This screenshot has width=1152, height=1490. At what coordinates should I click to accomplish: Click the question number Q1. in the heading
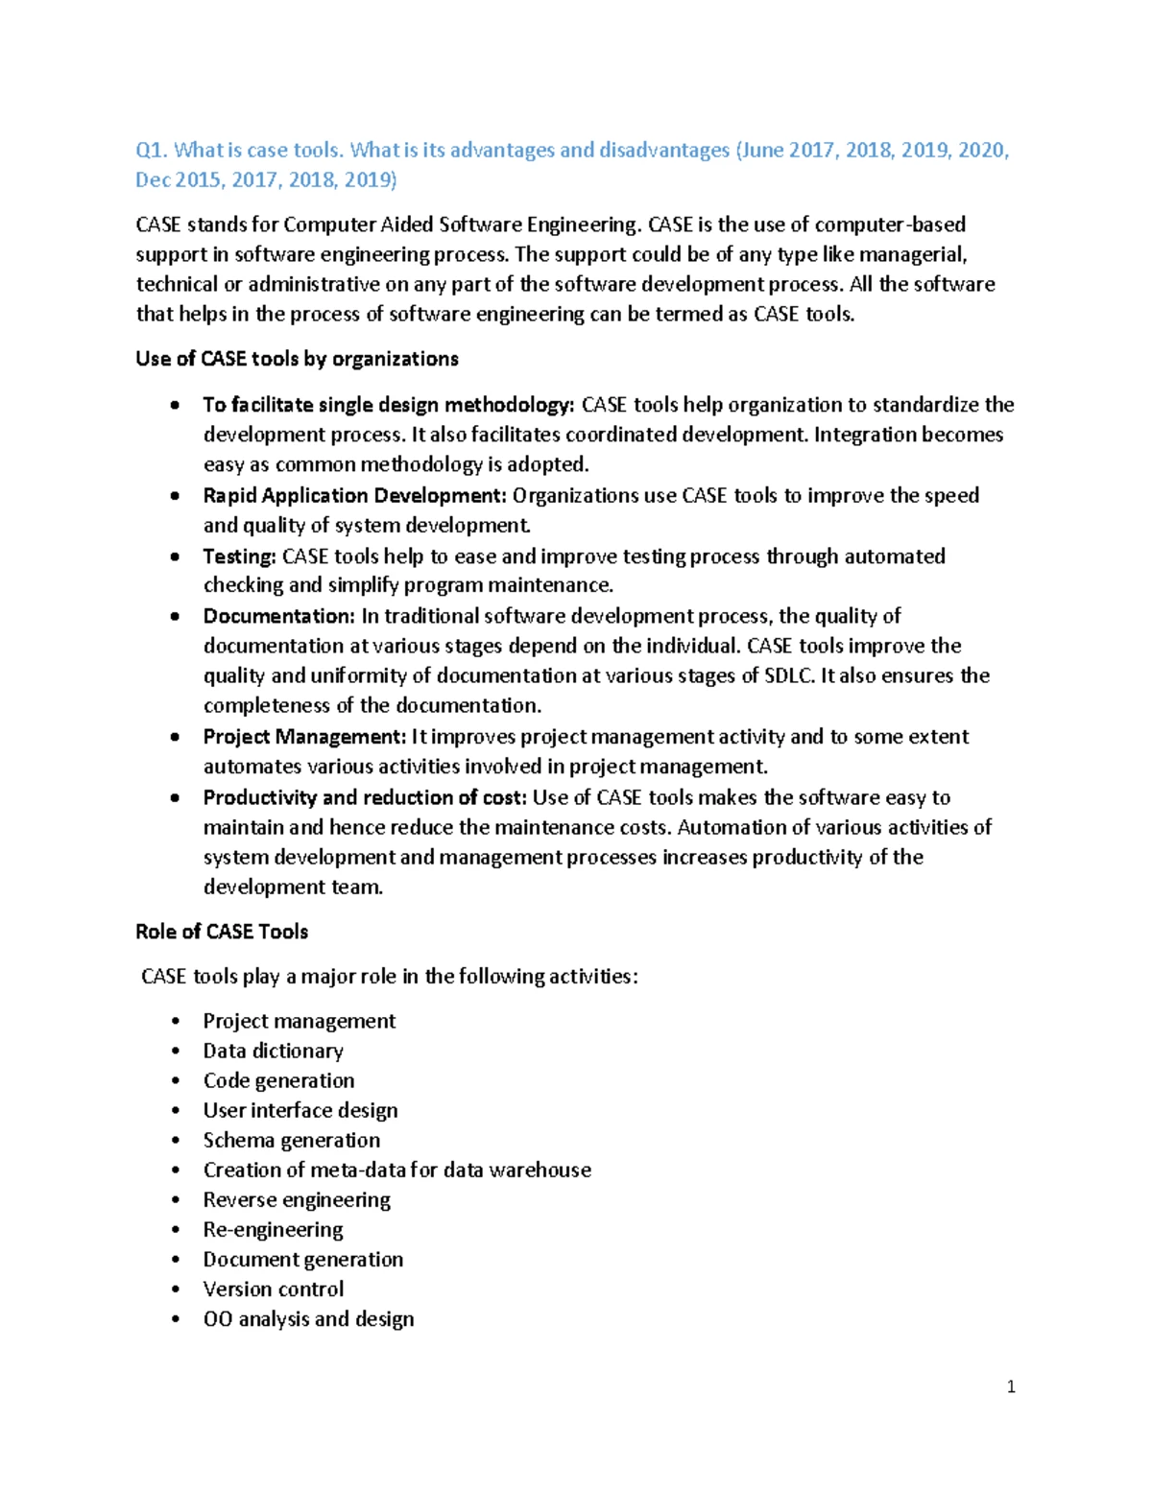click(152, 151)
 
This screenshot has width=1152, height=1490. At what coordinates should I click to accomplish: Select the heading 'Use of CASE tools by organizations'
click(297, 359)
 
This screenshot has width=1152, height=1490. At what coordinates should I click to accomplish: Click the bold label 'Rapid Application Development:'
click(354, 496)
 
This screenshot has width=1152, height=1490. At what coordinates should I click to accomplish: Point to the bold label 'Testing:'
click(239, 556)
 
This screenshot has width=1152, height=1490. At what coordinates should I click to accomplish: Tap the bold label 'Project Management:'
click(304, 737)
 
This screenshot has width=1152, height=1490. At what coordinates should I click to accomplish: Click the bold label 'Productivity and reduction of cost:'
click(365, 797)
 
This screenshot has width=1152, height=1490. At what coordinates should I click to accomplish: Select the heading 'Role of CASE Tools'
click(222, 932)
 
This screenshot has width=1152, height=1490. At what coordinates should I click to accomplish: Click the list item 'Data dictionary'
click(273, 1051)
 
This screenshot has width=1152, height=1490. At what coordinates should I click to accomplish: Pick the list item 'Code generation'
click(278, 1080)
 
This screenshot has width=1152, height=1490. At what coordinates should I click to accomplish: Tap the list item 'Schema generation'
click(291, 1140)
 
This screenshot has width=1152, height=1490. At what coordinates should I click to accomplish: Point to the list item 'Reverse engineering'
click(297, 1199)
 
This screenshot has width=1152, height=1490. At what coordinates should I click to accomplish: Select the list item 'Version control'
click(273, 1289)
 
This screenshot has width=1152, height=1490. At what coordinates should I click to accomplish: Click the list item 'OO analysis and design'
click(308, 1318)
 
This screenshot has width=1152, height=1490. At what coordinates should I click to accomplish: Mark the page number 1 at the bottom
click(1011, 1386)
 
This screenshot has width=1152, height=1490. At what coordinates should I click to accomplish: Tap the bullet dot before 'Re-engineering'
click(175, 1230)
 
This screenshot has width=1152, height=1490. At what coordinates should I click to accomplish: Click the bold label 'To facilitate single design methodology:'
click(389, 405)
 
